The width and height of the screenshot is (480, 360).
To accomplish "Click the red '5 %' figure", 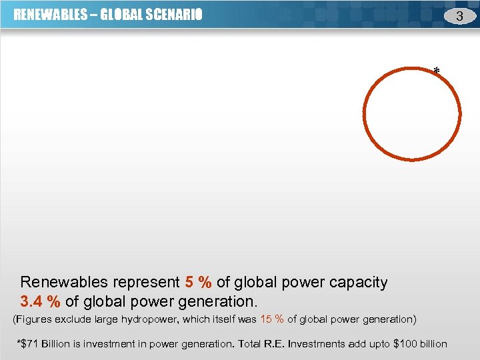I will coord(199,283).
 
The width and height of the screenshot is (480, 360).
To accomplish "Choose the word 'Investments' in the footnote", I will coord(318,344).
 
